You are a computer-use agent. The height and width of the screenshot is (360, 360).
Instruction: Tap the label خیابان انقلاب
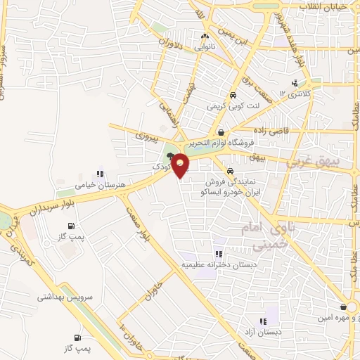(x=324, y=6)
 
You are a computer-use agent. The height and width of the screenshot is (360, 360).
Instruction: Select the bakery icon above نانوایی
(x=205, y=37)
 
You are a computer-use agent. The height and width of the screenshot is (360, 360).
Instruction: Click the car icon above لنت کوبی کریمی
(x=232, y=96)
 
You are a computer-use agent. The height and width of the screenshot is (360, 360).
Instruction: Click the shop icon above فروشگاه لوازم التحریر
(x=221, y=131)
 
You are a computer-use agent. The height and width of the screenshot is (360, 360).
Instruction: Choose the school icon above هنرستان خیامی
(x=100, y=173)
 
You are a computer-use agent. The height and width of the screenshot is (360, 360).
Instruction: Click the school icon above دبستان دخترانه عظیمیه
(x=218, y=253)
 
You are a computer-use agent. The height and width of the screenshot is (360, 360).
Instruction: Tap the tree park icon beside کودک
(x=171, y=156)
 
